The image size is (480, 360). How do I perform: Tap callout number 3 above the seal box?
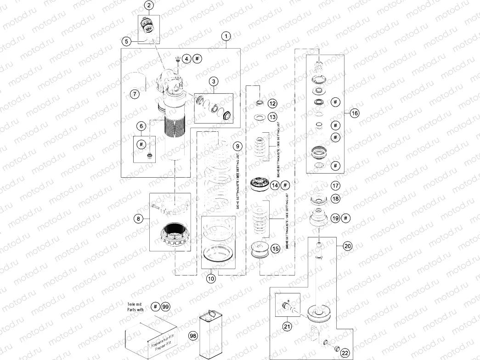[214, 81]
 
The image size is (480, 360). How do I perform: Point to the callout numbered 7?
[134, 94]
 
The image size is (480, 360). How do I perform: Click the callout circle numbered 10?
[210, 278]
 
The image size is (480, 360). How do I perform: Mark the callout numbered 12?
[272, 103]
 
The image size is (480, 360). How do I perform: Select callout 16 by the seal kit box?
[354, 113]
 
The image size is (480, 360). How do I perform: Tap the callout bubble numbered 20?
[348, 246]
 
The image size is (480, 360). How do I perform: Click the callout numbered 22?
[344, 353]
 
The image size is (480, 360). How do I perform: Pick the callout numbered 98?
[193, 336]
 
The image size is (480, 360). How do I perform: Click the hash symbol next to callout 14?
[285, 185]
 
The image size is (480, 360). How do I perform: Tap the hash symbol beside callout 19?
[346, 218]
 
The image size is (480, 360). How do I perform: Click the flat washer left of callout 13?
[259, 117]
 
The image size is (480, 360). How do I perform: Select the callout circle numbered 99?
[165, 306]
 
